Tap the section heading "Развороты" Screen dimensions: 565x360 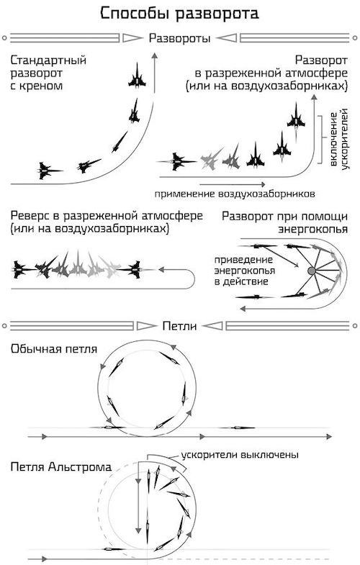point(179,38)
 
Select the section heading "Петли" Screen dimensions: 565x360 point(179,326)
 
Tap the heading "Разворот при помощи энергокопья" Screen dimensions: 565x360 point(284,222)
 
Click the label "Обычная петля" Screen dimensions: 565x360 point(54,349)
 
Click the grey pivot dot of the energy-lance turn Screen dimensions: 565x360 point(312,271)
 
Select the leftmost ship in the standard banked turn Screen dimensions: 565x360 point(50,170)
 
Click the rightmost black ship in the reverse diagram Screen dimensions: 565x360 point(134,271)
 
